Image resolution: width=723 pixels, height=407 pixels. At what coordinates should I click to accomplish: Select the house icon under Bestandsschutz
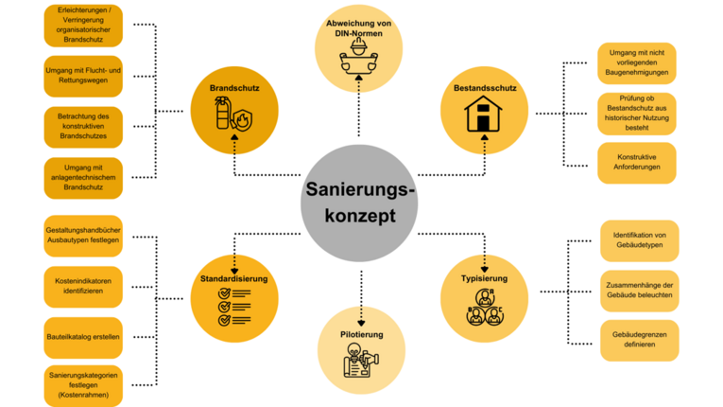(x=483, y=117)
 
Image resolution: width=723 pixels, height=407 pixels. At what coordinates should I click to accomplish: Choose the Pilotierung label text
(x=361, y=335)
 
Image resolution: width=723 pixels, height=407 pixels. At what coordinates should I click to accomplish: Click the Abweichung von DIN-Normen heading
(x=359, y=27)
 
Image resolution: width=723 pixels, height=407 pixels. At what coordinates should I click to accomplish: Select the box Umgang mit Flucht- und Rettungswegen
(x=83, y=76)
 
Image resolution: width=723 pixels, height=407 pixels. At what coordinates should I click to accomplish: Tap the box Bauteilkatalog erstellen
(x=83, y=336)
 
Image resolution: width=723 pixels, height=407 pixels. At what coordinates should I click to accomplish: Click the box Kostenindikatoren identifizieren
(x=83, y=286)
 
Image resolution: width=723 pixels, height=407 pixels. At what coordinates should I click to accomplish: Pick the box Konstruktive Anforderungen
(x=638, y=163)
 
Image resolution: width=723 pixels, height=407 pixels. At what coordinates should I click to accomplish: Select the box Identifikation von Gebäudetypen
(x=640, y=240)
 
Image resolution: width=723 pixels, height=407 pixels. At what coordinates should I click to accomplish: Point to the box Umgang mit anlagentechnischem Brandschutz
(x=83, y=178)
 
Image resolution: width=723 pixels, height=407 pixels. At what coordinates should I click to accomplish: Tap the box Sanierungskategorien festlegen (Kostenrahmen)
(x=83, y=386)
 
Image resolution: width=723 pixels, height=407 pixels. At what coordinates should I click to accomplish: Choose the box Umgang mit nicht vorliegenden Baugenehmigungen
(x=638, y=62)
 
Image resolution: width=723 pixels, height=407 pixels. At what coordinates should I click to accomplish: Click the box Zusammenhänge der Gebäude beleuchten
(x=640, y=291)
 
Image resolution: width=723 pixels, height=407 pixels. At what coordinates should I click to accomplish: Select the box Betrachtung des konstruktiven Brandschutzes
(x=83, y=127)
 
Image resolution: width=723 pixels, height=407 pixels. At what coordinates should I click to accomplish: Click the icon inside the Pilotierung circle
(x=361, y=367)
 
